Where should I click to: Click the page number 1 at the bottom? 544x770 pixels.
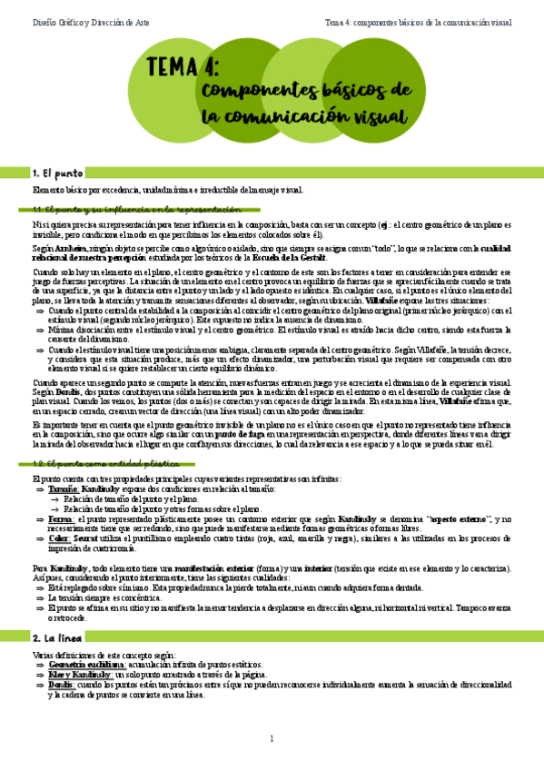[x=272, y=739]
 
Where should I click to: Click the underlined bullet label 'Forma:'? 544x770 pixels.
[x=61, y=518]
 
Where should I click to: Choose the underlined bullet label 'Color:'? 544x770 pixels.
[x=60, y=538]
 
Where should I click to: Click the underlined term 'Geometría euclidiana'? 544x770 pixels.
[x=86, y=664]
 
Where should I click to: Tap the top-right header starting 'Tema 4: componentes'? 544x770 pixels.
[x=420, y=21]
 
